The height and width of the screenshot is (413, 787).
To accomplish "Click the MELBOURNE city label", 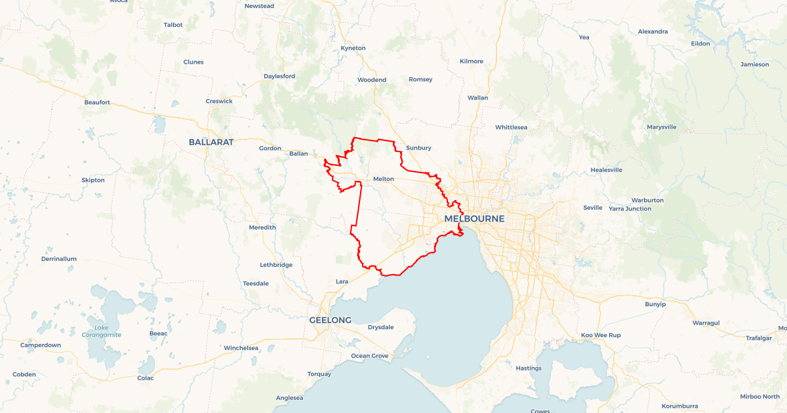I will (x=474, y=218).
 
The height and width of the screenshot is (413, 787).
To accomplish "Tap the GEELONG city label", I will (x=330, y=320).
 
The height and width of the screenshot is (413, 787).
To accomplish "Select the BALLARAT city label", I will (x=211, y=142).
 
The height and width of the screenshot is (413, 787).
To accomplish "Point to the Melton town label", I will (x=383, y=179).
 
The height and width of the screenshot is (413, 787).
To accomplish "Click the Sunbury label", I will (x=418, y=148).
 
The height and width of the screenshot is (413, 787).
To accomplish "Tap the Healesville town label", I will (x=606, y=170).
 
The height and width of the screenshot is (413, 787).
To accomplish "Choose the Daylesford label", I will (x=279, y=76).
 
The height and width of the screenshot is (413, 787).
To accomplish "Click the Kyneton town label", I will (x=353, y=48).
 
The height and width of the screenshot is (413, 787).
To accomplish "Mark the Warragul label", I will (x=706, y=323).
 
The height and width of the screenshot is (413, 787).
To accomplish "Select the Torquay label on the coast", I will (x=319, y=374).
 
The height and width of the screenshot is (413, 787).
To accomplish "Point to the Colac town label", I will (x=145, y=378).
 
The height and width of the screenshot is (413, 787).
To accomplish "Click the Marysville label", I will (x=661, y=127).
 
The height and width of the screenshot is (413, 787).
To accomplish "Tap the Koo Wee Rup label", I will (x=601, y=335).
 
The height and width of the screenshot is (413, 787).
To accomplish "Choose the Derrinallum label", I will (x=59, y=259).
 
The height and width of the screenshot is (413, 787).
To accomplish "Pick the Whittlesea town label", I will (x=511, y=127).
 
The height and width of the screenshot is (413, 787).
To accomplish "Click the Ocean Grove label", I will (x=369, y=356).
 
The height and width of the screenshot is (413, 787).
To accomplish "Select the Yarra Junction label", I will (x=630, y=208).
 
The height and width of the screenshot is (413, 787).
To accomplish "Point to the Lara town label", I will (x=342, y=281).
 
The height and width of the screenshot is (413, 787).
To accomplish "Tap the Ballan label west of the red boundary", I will (x=298, y=154).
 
